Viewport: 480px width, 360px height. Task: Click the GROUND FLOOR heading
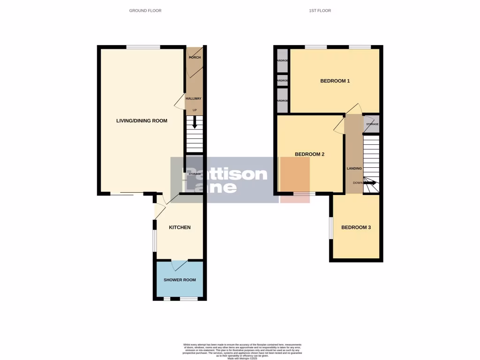click(145, 10)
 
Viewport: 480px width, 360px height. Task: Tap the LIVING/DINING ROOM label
click(142, 121)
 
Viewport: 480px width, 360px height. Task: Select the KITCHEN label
click(180, 227)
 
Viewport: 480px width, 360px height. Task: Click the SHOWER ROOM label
click(180, 280)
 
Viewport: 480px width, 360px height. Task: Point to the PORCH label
click(195, 58)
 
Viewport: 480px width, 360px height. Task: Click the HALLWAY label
click(194, 98)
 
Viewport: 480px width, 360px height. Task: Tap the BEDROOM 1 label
click(335, 81)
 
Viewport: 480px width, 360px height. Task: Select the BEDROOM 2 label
click(309, 154)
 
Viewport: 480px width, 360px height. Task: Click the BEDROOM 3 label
click(356, 228)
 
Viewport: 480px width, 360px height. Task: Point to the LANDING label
click(354, 168)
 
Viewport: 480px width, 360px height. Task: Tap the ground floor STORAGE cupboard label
click(195, 174)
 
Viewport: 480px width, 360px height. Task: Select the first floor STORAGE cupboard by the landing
click(372, 124)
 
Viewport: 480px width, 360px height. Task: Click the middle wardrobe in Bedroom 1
click(282, 81)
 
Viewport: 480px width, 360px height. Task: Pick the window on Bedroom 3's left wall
click(331, 228)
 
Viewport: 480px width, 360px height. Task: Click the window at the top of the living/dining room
click(143, 47)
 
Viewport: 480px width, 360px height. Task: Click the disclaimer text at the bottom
click(242, 351)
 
